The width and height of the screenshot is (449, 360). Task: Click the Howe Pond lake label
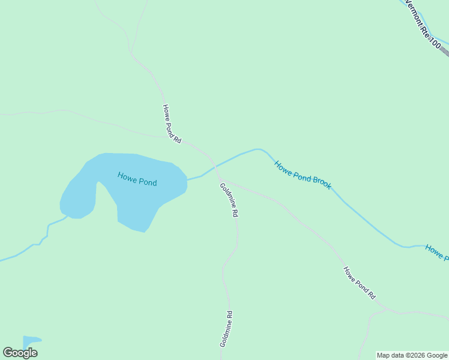tap(137, 179)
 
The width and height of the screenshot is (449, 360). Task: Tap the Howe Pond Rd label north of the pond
tap(171, 124)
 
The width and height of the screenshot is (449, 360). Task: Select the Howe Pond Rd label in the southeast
tap(359, 283)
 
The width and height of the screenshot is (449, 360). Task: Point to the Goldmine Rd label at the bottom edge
tap(226, 329)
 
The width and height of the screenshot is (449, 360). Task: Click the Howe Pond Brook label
tap(303, 175)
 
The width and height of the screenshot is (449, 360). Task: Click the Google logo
tap(20, 353)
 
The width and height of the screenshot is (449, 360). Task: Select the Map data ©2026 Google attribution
tap(412, 355)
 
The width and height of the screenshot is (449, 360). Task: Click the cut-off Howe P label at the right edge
tap(437, 253)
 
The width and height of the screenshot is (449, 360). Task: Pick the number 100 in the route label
tap(435, 41)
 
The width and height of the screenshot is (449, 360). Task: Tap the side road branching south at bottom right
tap(364, 336)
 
